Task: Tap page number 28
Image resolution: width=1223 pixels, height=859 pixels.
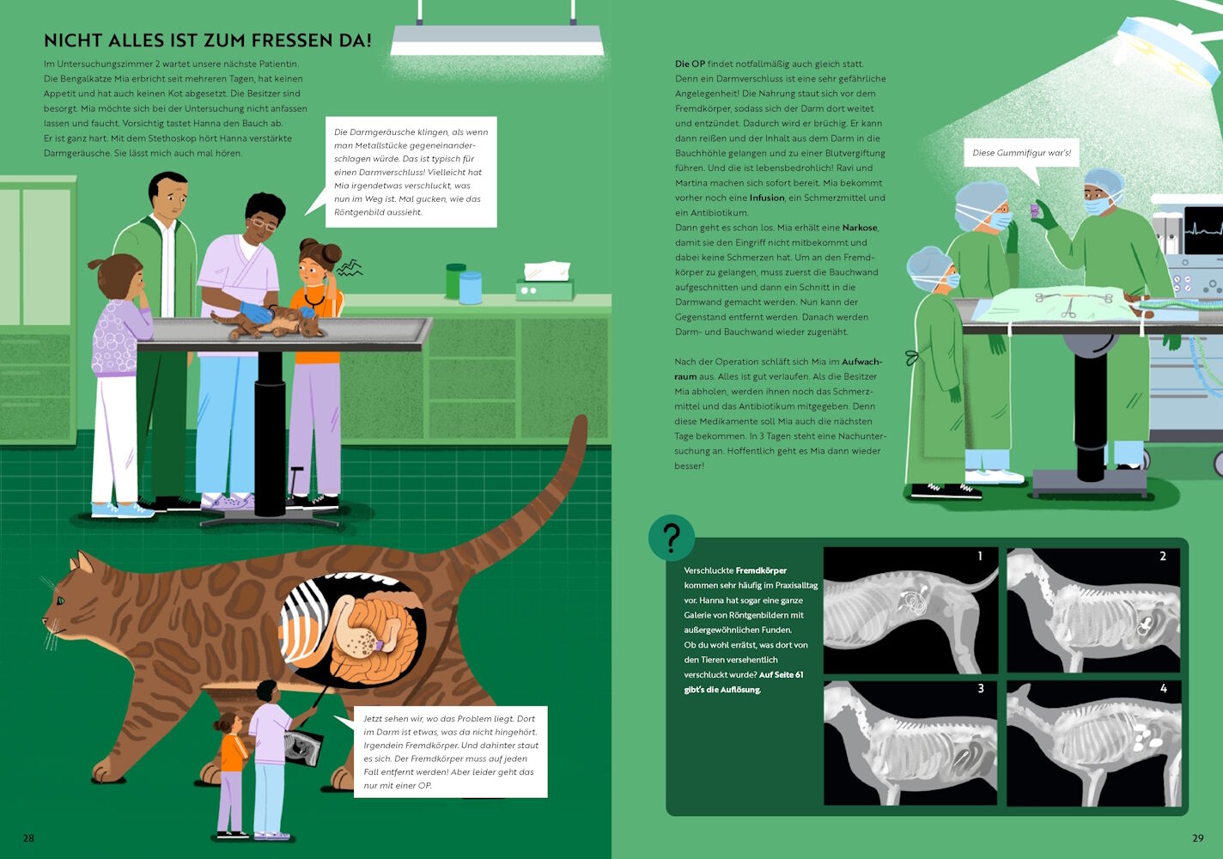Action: click(x=28, y=838)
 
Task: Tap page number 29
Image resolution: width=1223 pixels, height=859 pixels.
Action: click(x=1197, y=838)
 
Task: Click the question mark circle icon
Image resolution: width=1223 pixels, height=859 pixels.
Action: click(x=672, y=538)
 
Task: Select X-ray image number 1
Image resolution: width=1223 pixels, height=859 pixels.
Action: click(x=910, y=610)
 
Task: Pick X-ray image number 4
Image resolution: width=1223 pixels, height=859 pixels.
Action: click(x=1093, y=744)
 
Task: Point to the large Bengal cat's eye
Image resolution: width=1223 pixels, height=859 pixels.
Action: click(x=60, y=600)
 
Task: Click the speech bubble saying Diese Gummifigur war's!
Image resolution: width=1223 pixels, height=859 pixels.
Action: click(x=1021, y=153)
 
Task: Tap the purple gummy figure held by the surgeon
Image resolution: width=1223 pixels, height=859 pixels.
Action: click(x=1035, y=210)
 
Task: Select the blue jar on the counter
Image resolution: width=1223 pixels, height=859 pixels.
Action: click(x=471, y=288)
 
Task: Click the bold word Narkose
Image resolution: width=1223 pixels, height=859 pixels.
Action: click(x=860, y=228)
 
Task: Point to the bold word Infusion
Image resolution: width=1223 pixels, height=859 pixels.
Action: click(x=767, y=198)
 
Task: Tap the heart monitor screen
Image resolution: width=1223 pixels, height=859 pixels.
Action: click(x=1202, y=230)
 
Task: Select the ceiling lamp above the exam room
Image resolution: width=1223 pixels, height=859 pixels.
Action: click(x=497, y=39)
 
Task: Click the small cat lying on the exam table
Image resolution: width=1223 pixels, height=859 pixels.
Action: click(x=267, y=322)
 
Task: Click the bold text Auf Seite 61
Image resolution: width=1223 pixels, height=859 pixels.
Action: click(x=781, y=674)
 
